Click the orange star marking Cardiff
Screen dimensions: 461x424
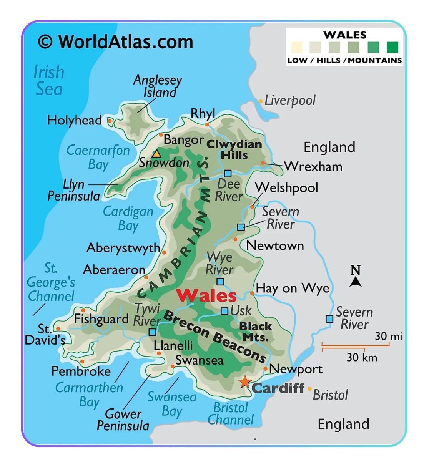click(x=244, y=382)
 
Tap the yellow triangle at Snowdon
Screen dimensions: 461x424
click(x=156, y=154)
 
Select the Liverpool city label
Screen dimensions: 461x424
click(x=289, y=101)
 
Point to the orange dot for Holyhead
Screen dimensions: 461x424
click(x=110, y=121)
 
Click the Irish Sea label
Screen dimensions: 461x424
click(x=48, y=80)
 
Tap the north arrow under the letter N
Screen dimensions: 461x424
click(x=356, y=282)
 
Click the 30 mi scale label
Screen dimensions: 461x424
click(x=388, y=337)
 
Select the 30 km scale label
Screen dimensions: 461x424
click(x=361, y=358)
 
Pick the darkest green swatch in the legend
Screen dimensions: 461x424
click(x=392, y=47)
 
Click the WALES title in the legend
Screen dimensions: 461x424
click(x=345, y=35)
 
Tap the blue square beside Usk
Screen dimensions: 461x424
click(x=224, y=311)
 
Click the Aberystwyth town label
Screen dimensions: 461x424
click(x=123, y=248)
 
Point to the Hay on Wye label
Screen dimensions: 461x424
click(x=293, y=288)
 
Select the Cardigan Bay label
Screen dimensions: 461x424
click(x=128, y=218)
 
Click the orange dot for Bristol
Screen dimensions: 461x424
click(x=309, y=389)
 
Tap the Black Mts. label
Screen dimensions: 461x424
click(x=256, y=332)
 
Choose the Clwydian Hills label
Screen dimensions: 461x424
click(x=234, y=149)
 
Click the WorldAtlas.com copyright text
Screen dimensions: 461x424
click(x=115, y=41)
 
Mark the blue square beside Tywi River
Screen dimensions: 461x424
click(x=153, y=332)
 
